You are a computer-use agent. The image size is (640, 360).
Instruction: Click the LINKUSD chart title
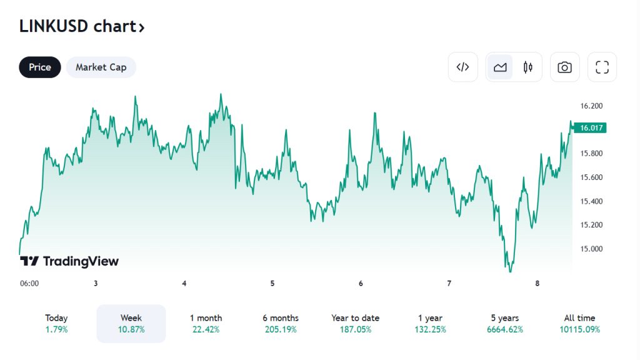click(x=82, y=27)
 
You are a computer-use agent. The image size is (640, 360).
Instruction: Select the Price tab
click(x=40, y=67)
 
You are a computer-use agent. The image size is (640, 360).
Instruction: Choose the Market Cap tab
click(x=101, y=67)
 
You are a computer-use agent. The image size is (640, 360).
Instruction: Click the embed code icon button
click(x=462, y=67)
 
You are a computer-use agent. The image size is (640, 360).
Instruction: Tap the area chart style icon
click(x=500, y=67)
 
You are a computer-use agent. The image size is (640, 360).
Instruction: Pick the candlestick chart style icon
click(x=528, y=67)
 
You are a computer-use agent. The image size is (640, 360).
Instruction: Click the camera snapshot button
click(x=564, y=67)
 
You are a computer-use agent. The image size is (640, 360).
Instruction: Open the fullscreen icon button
click(x=602, y=67)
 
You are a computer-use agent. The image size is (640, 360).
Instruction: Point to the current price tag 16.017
click(x=591, y=128)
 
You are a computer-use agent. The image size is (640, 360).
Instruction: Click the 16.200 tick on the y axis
click(x=591, y=106)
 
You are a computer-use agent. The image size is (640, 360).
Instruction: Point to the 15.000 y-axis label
click(x=591, y=249)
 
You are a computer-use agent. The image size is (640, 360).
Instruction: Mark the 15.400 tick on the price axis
click(x=591, y=201)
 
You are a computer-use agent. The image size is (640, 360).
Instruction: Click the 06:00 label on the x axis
click(x=29, y=283)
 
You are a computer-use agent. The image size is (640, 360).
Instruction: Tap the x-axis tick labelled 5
click(x=272, y=283)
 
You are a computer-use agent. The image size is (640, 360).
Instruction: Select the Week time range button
click(x=131, y=324)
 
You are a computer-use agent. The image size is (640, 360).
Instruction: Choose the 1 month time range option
click(x=206, y=324)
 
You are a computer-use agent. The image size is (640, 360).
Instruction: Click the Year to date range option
click(x=355, y=324)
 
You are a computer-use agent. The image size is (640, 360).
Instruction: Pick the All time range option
click(x=579, y=324)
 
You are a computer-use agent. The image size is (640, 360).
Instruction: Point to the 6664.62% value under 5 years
click(x=504, y=329)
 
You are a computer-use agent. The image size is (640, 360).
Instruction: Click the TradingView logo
click(x=69, y=261)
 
